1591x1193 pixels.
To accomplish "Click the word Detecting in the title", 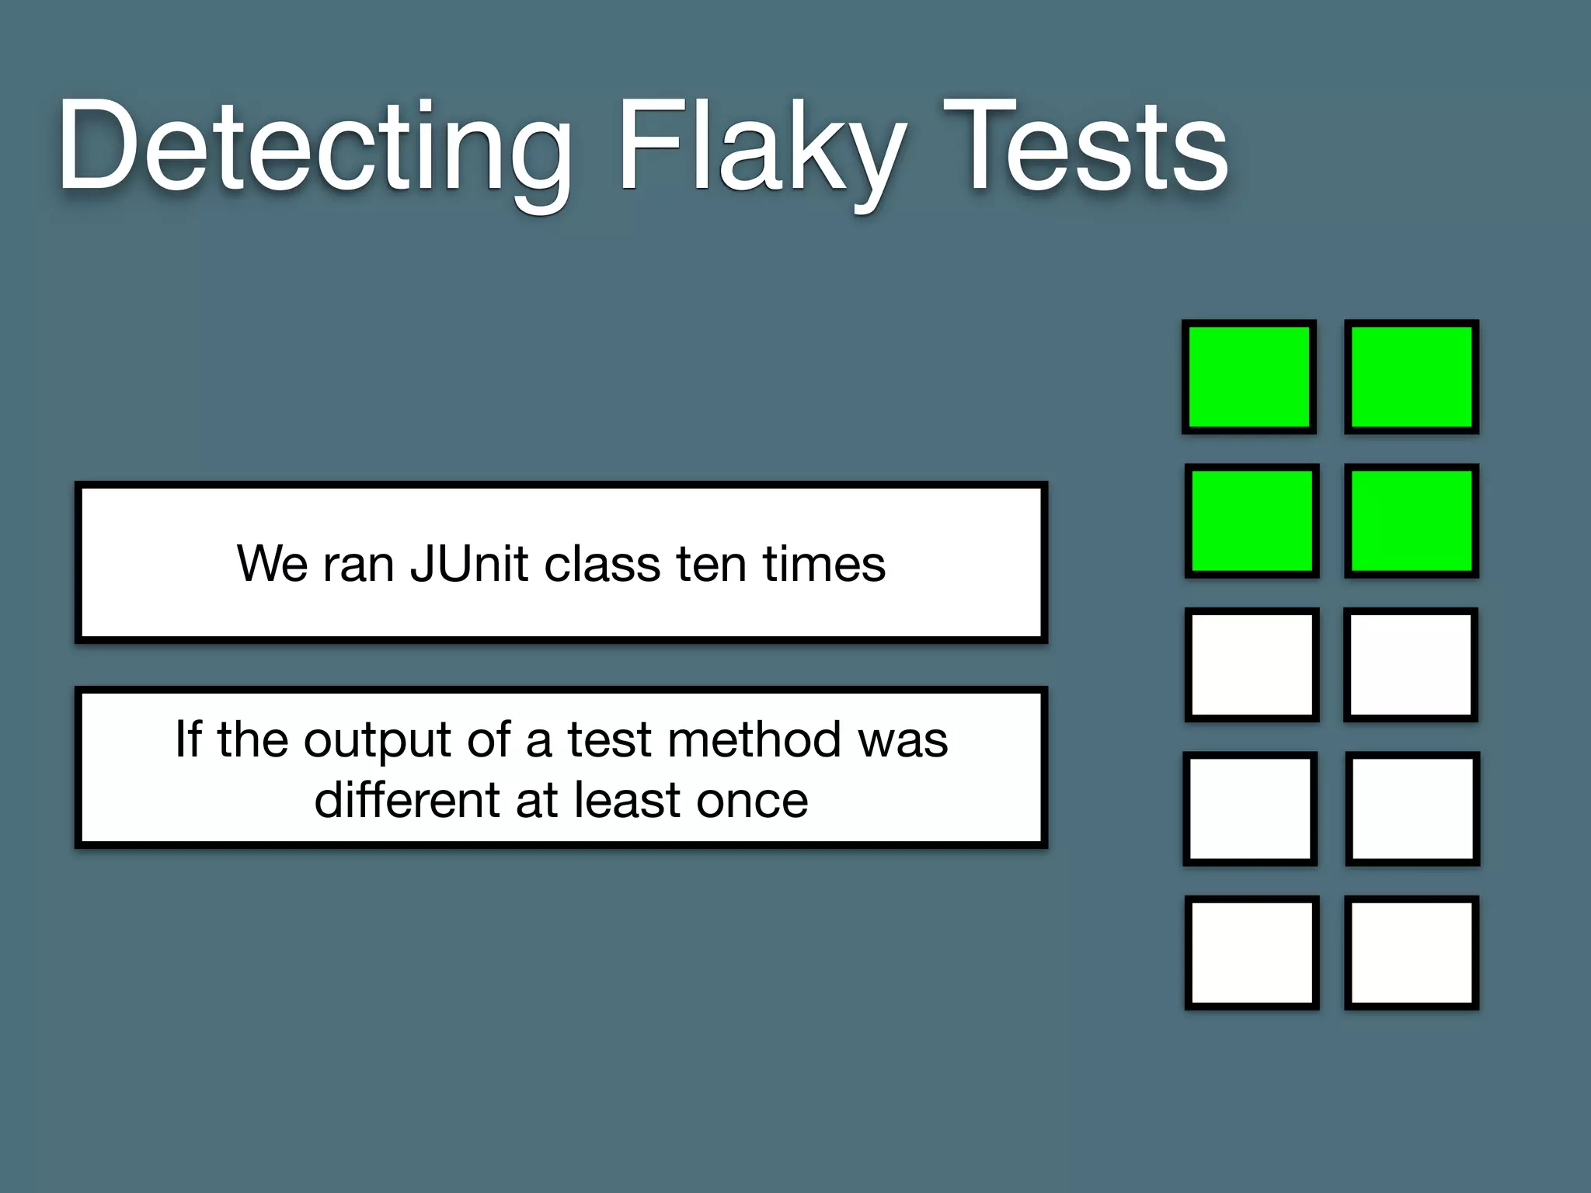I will [x=315, y=148].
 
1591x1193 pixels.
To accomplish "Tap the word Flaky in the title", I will [x=761, y=148].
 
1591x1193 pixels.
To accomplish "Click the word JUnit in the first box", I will [x=469, y=564].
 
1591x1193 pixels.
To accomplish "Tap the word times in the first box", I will [x=823, y=564].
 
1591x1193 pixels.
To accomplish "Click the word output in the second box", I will [x=378, y=739].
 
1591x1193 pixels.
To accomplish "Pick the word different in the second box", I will [x=407, y=800].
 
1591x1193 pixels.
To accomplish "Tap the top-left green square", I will [x=1249, y=377].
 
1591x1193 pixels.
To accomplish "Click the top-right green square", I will [x=1412, y=377].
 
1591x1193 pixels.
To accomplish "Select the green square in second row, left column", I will [x=1252, y=521].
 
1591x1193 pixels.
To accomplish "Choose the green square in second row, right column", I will [x=1412, y=521].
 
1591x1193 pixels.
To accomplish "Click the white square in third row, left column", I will [x=1252, y=665].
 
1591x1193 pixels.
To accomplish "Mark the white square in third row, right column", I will [x=1411, y=665].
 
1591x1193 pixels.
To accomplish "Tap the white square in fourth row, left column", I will [x=1250, y=809].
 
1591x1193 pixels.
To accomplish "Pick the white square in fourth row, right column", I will [x=1412, y=809].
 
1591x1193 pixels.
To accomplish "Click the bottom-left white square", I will [x=1252, y=953].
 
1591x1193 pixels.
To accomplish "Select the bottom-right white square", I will [x=1412, y=953].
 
